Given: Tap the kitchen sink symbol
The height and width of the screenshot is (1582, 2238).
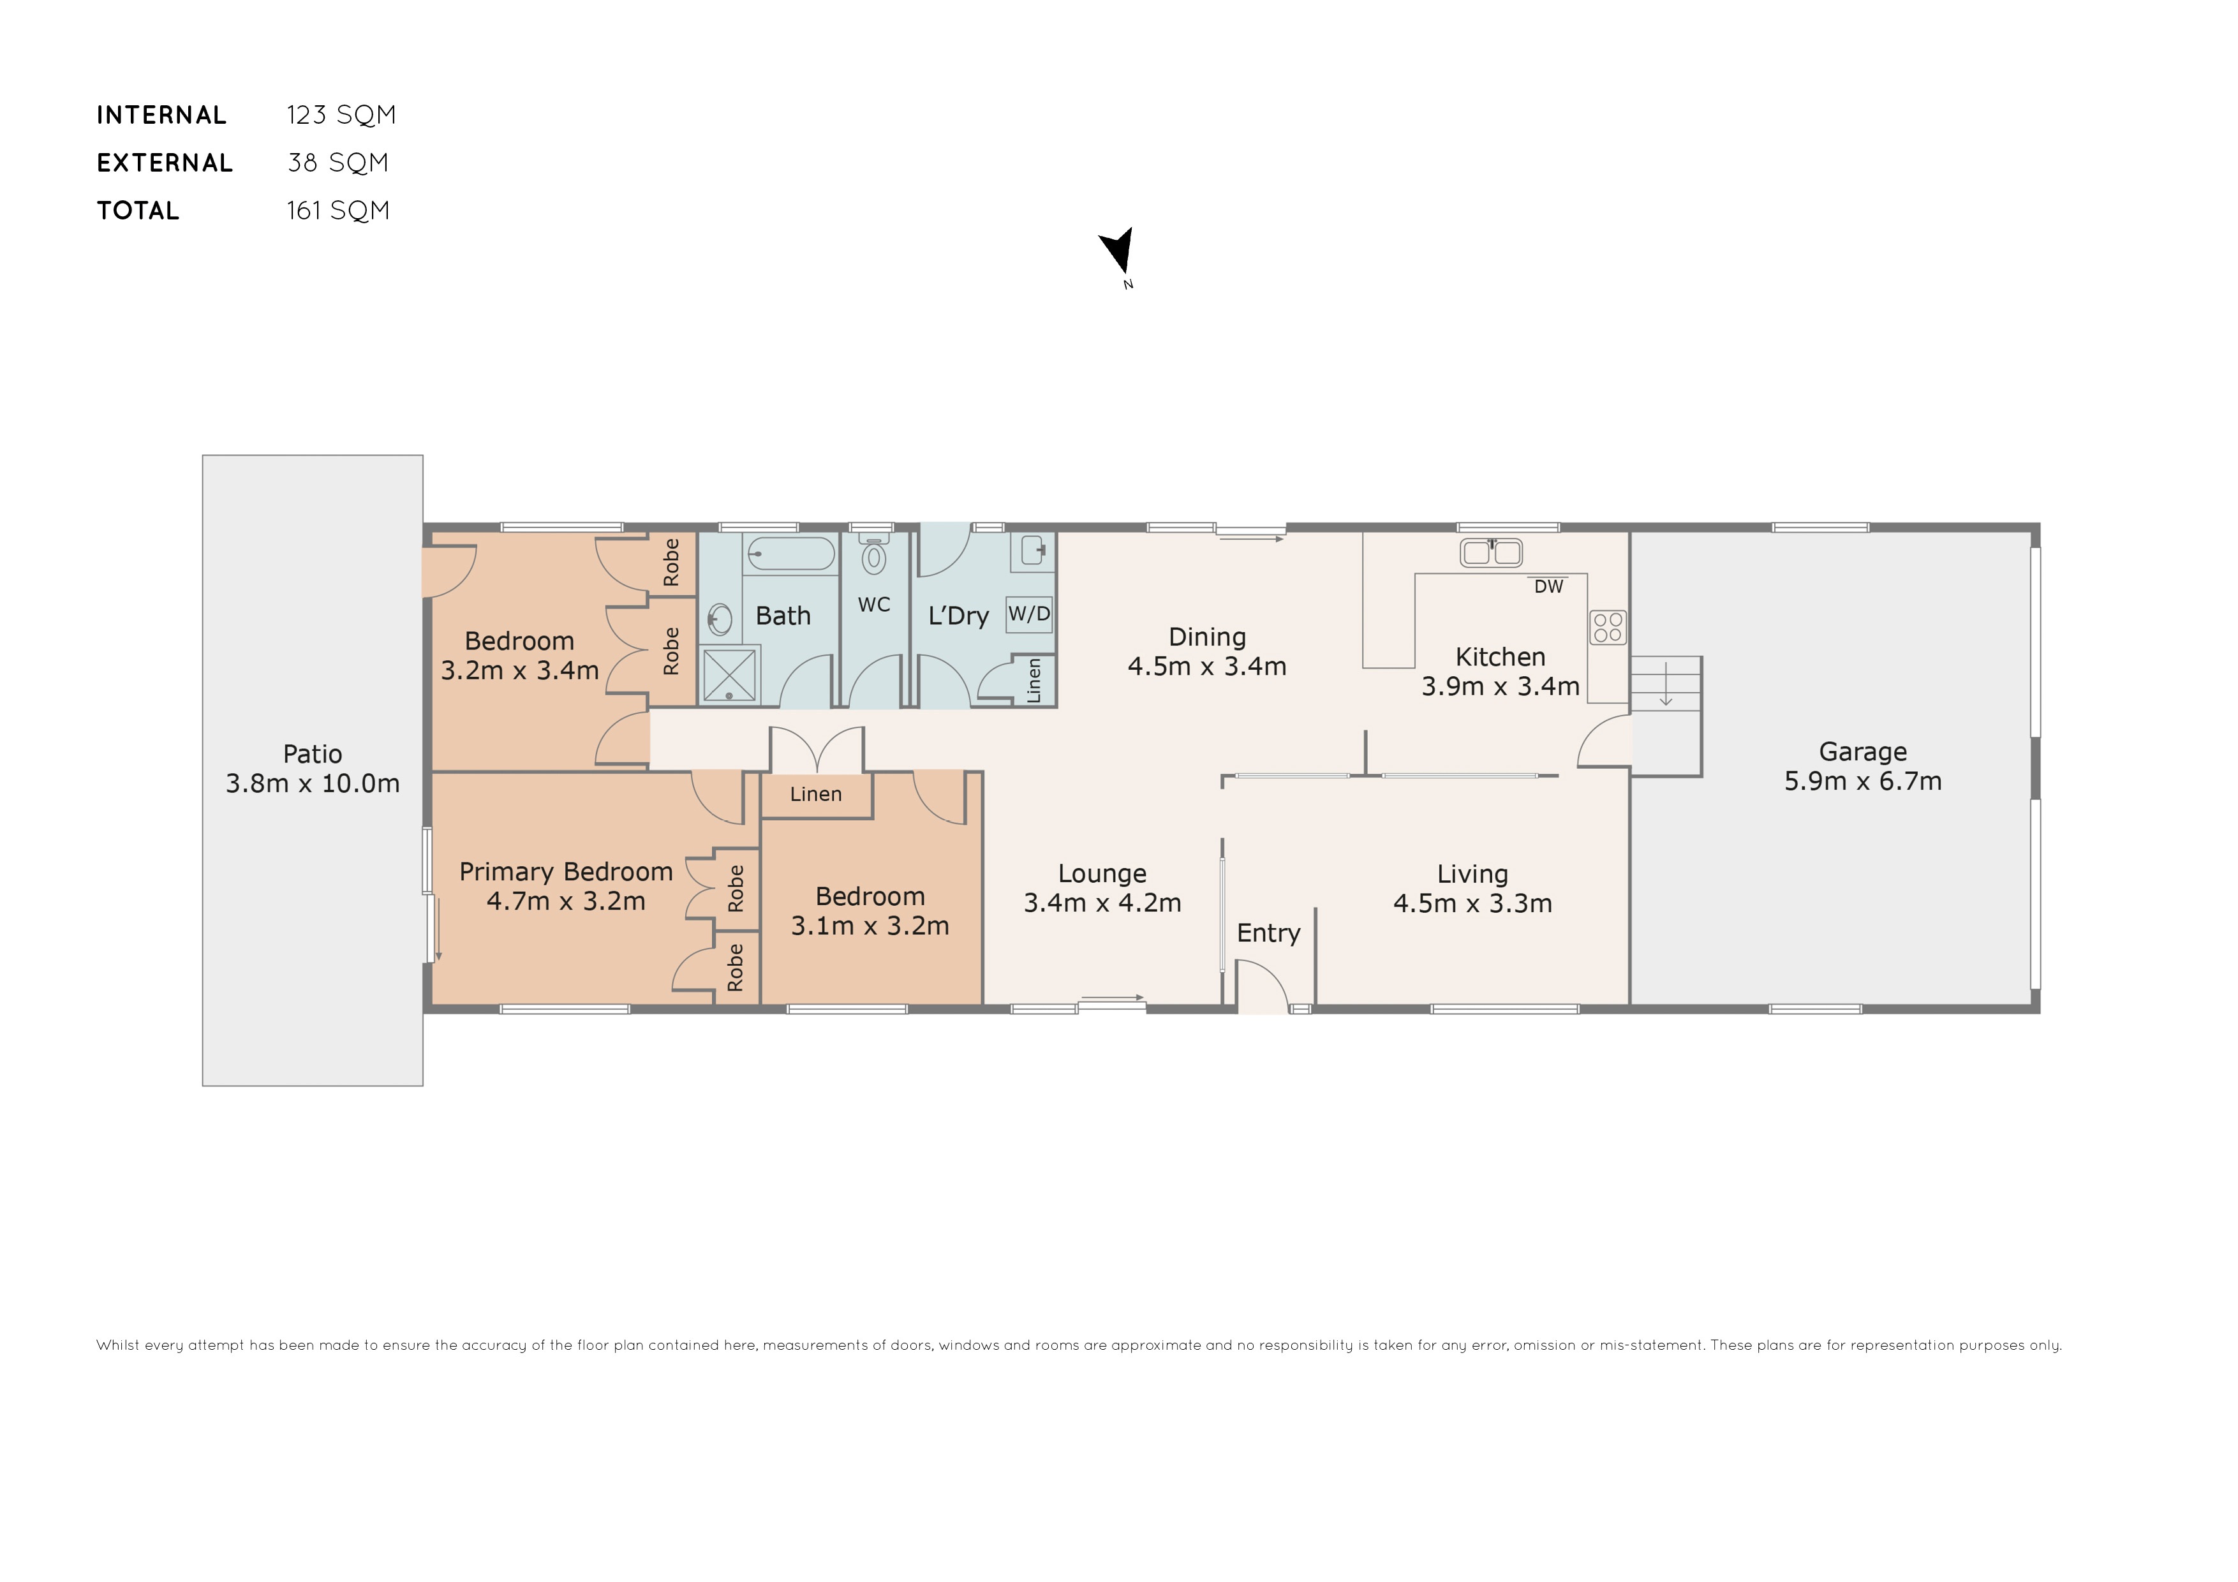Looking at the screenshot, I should click(1490, 552).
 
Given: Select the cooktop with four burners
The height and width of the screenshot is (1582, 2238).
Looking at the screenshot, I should click(1607, 627).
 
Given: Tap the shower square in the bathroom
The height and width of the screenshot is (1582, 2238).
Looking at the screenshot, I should click(729, 674).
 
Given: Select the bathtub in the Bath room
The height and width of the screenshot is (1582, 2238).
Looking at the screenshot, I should click(790, 554).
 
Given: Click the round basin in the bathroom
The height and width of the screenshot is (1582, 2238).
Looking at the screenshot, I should click(720, 619).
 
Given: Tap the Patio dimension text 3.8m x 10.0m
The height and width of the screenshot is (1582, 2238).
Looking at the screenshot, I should click(312, 784).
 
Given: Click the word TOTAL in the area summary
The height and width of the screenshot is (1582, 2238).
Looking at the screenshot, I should click(137, 211).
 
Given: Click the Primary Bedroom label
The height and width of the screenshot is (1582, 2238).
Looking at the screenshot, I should click(565, 871).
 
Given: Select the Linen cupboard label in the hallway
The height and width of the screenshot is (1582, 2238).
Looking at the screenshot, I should click(815, 794).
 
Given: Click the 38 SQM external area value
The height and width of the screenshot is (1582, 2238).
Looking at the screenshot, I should click(337, 163).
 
